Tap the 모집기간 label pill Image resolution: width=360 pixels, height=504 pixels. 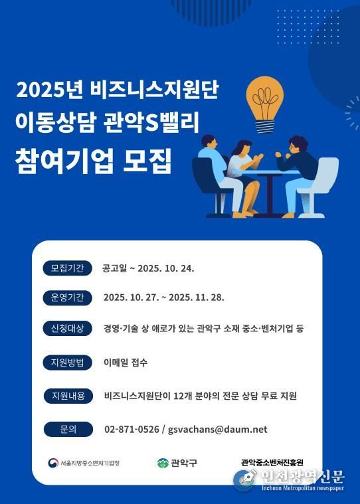(67, 268)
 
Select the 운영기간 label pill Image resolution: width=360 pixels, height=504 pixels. (67, 297)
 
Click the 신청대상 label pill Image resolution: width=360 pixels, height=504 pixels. (67, 328)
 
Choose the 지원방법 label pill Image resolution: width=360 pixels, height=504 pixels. (67, 363)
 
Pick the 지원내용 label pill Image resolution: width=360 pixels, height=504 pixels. (67, 396)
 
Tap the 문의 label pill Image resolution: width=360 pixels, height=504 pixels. (67, 429)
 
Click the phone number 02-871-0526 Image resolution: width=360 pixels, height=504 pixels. (132, 430)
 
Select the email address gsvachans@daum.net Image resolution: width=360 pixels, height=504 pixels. (218, 430)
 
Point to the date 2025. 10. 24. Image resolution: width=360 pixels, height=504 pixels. (167, 269)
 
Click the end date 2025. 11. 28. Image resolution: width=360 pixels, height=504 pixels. (197, 297)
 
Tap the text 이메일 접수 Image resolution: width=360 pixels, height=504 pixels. (126, 363)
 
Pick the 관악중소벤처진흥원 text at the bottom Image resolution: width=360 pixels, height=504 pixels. (272, 462)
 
